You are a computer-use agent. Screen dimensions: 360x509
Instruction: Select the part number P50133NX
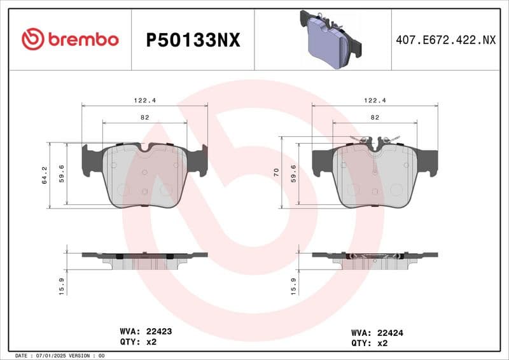193,40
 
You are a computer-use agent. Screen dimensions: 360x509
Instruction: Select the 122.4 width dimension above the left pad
145,100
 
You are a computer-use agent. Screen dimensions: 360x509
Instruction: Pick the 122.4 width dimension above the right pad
375,100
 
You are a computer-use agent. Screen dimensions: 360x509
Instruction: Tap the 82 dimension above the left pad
145,117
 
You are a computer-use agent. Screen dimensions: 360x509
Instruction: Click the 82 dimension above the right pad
375,117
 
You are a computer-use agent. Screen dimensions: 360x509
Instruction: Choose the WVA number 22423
159,331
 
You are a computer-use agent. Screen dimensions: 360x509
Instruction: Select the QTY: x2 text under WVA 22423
138,342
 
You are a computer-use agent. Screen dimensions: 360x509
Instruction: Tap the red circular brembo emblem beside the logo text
32,39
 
